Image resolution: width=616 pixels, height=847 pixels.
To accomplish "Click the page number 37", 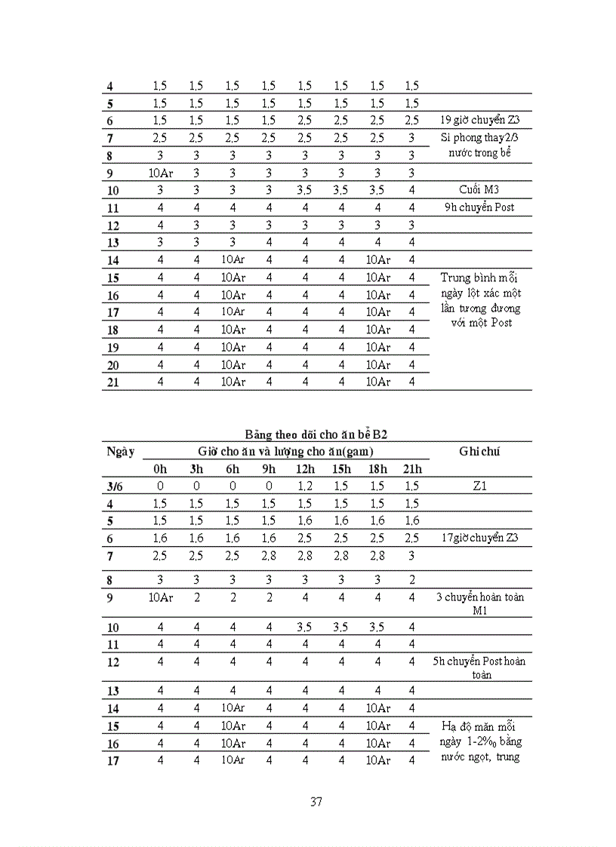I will pos(316,802).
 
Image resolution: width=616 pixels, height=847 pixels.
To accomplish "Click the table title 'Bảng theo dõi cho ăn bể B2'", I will pos(316,434).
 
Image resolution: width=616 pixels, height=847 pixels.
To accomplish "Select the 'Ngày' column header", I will pos(121,451).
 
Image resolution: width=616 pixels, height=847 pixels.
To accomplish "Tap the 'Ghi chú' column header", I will pos(480,451).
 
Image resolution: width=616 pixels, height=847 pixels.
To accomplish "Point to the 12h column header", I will pos(304,469).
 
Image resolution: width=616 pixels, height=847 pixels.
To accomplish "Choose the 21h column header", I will pos(411,469).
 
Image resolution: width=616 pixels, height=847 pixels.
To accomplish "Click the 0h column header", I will pos(160,469).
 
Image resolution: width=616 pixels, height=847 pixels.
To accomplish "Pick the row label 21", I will pos(112,382).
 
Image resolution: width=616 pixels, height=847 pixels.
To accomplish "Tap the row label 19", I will pos(112,348).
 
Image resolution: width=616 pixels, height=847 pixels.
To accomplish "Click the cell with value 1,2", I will pos(304,486).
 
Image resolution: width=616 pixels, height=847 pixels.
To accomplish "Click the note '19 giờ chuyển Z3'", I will pos(480,120).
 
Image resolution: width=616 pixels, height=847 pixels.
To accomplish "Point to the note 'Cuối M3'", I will pos(479,189).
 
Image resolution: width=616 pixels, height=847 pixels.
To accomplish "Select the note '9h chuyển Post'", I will pos(480,207).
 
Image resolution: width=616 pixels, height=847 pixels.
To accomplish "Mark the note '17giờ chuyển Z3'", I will pos(480,539).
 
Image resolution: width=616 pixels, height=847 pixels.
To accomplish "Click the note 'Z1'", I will pos(479,486).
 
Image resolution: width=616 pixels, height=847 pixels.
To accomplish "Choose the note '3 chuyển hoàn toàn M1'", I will pos(480,603).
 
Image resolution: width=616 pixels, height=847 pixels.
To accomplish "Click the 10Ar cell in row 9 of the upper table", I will pos(160,173).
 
